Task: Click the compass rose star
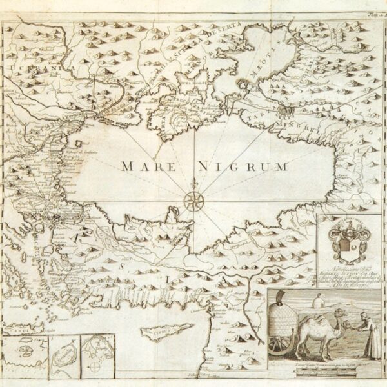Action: click(192, 200)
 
